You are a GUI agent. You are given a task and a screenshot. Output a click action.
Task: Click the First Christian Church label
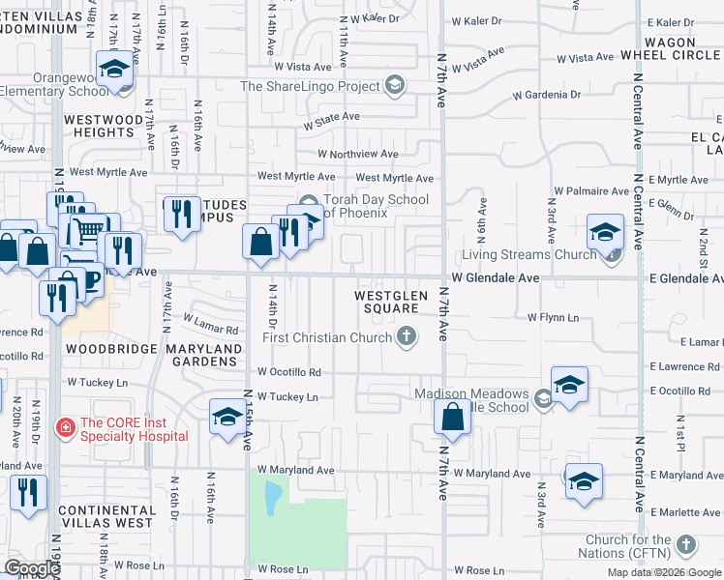click(328, 337)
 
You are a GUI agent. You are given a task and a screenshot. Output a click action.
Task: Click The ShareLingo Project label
click(310, 87)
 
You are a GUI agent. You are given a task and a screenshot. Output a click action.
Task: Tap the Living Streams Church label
click(527, 255)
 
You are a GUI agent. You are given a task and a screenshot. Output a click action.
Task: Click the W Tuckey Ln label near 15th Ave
click(287, 397)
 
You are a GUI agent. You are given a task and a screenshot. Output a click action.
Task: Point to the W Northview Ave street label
click(358, 154)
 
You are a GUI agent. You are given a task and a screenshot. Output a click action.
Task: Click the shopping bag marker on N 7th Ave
click(452, 419)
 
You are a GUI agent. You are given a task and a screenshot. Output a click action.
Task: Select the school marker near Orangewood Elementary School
click(114, 70)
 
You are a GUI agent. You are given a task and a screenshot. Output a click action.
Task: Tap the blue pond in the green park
click(273, 497)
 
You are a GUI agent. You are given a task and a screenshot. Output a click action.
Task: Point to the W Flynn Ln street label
click(553, 317)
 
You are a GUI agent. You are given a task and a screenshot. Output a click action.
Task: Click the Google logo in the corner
click(32, 568)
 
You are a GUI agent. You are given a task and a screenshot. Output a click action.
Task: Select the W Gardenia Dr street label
click(547, 96)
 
